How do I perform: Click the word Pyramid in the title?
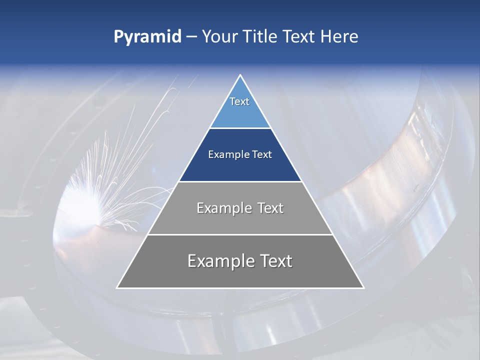147,37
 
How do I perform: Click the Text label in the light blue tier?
239,101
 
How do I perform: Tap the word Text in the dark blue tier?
262,155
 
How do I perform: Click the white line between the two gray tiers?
240,234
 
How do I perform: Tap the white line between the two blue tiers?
240,128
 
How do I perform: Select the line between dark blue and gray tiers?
240,181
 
